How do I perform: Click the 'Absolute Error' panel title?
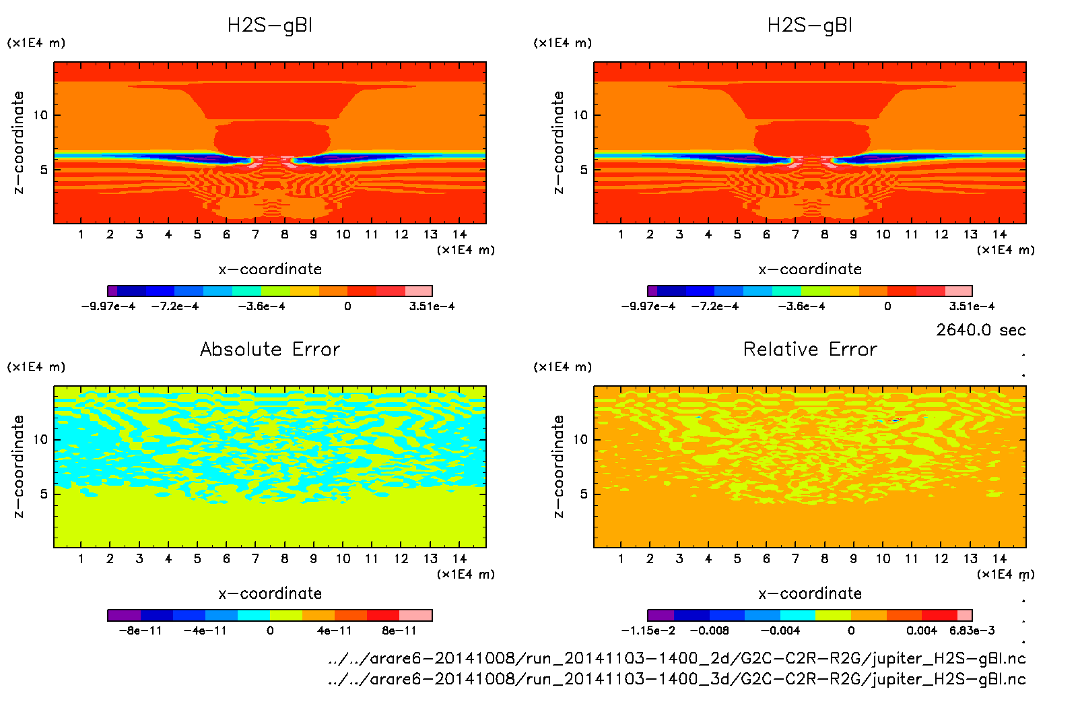[270, 349]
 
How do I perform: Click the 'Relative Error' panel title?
[810, 349]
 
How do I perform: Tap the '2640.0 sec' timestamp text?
[980, 330]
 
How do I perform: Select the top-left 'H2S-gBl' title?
[270, 26]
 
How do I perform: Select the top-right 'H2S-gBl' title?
[810, 26]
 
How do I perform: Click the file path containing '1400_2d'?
[677, 658]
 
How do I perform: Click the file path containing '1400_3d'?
[677, 679]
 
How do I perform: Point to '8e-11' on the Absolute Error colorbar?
[399, 631]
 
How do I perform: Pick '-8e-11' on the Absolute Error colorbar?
[140, 631]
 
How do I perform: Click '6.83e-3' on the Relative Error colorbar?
[972, 631]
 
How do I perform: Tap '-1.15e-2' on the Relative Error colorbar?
[648, 631]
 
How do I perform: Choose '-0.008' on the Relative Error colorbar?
[709, 631]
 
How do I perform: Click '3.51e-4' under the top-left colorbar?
[432, 306]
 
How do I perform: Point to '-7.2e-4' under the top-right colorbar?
[714, 306]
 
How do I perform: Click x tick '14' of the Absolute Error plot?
[459, 558]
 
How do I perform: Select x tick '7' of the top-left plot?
[255, 234]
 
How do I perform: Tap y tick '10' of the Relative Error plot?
[580, 439]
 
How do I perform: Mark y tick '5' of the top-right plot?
[584, 169]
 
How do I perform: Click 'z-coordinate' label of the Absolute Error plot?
[18, 466]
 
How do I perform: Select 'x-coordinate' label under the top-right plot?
[810, 269]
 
